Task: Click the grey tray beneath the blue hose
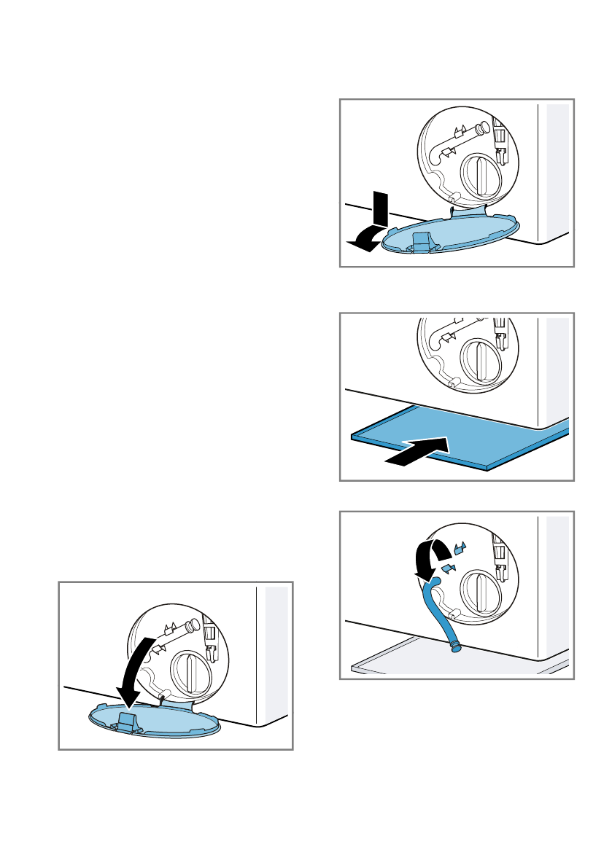tap(408, 660)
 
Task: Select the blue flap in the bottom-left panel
tap(157, 718)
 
